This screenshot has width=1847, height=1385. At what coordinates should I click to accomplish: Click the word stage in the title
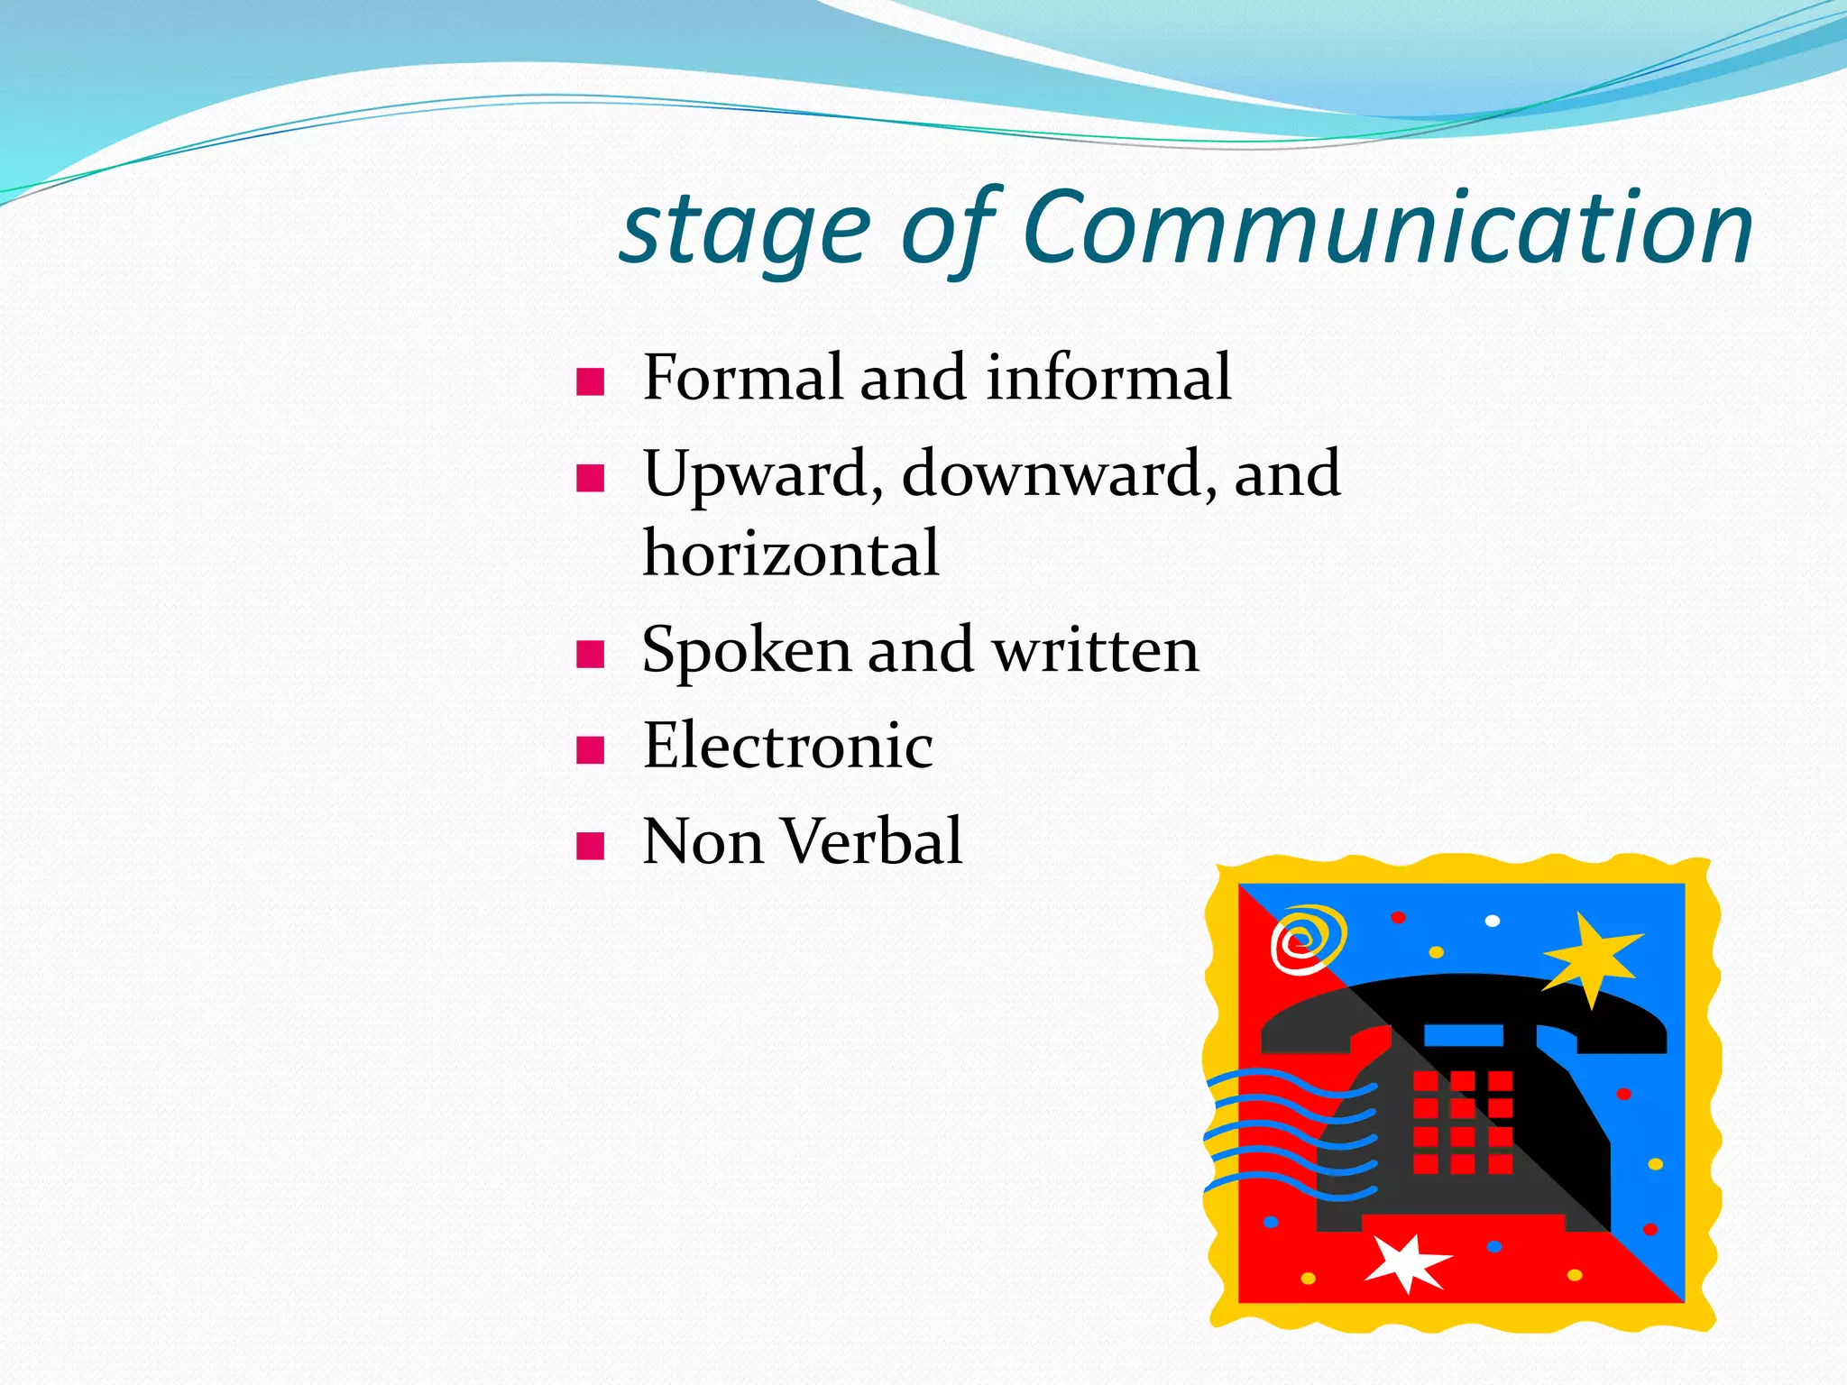click(x=747, y=230)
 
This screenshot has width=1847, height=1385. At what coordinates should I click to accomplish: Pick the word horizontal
click(x=791, y=553)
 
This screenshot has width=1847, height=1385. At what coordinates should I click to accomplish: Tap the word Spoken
click(x=746, y=651)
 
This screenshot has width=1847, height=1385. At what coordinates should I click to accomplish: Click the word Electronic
click(x=787, y=746)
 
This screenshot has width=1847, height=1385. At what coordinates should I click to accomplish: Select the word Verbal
click(x=871, y=841)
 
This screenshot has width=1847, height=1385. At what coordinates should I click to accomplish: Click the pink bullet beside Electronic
click(x=590, y=749)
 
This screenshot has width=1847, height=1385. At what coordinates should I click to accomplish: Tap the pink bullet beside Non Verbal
click(x=590, y=846)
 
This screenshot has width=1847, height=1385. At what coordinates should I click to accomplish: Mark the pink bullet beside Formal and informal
click(x=590, y=381)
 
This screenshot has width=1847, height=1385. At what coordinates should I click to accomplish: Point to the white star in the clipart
click(x=1406, y=1261)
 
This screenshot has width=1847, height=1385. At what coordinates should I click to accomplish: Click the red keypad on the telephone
click(x=1462, y=1122)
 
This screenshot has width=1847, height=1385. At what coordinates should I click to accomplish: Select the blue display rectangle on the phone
click(x=1463, y=1034)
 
